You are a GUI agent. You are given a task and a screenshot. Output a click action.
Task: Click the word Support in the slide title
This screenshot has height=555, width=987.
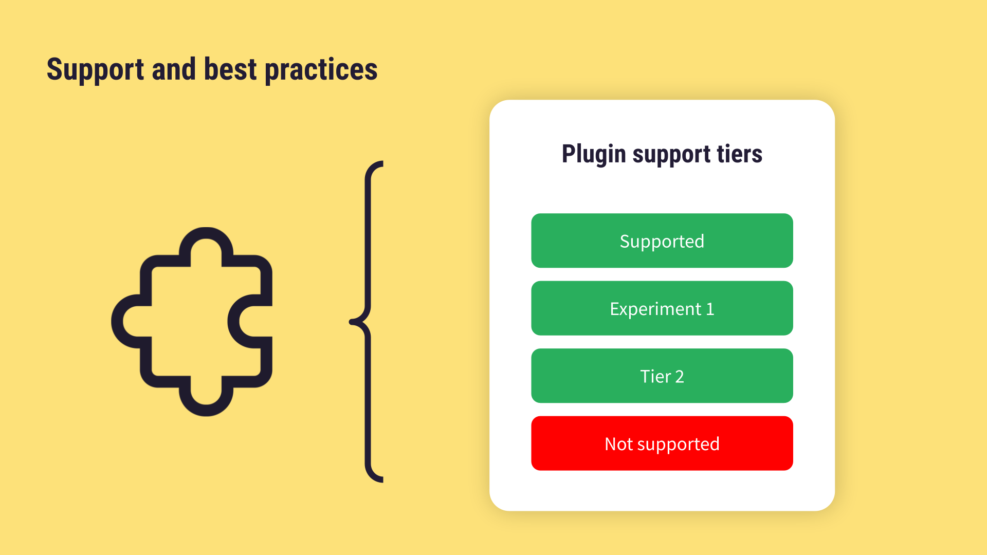point(95,70)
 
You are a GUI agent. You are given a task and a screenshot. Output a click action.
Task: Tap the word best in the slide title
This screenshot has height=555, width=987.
point(230,69)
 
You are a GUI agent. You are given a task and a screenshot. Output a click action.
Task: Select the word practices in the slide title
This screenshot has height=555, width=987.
point(321,70)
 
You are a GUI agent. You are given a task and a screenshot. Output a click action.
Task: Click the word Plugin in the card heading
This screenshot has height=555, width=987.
point(593,154)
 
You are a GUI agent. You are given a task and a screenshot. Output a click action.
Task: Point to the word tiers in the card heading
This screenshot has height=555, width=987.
point(739,154)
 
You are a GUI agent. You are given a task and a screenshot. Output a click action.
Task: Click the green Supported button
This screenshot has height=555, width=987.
point(662,240)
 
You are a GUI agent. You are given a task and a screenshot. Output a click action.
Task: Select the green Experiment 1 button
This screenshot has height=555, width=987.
point(662,308)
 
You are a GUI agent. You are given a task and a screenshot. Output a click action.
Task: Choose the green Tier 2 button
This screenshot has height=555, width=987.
point(662,376)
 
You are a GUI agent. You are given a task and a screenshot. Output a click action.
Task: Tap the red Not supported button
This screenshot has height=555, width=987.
point(662,443)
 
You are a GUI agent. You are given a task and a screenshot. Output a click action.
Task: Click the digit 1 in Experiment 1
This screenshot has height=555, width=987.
point(710,309)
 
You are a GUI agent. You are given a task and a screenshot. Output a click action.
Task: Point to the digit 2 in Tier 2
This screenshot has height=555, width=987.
point(679,377)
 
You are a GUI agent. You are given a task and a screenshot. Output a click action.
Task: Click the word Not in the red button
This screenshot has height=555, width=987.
point(618,444)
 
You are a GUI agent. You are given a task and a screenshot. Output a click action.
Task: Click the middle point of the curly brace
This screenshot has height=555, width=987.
point(354,322)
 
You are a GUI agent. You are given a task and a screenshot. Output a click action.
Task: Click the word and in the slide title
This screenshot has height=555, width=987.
point(174,69)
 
